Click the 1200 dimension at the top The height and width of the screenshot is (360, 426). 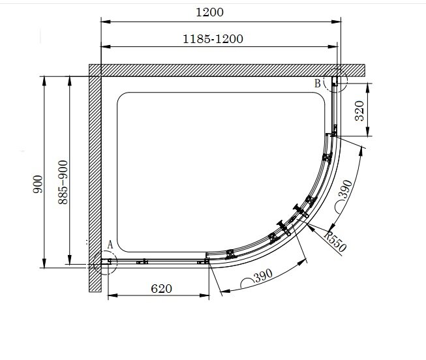(209, 12)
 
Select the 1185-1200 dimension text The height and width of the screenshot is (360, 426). (213, 39)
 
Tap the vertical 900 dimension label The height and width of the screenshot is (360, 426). (38, 184)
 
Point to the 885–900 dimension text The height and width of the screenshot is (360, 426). (63, 182)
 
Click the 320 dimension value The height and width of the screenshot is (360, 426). (359, 111)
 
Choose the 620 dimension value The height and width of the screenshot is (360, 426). (161, 288)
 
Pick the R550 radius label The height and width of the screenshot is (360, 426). (335, 241)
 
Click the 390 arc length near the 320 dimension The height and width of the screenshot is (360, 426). (345, 189)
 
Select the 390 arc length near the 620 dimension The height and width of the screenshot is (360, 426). (264, 276)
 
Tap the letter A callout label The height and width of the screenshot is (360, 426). (110, 245)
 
